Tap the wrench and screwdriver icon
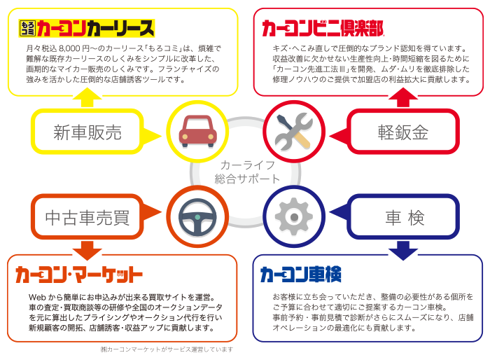(x=293, y=131)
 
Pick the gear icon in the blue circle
(x=293, y=217)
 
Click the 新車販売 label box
(x=88, y=132)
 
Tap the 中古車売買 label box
(x=88, y=218)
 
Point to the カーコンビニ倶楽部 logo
(x=323, y=29)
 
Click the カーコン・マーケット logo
(x=78, y=274)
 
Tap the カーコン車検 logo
(x=301, y=274)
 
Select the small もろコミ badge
(x=27, y=29)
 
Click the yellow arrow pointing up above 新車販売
(x=87, y=99)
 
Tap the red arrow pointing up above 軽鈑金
(x=402, y=99)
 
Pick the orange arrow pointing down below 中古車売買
(x=87, y=248)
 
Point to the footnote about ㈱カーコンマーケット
(x=167, y=349)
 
